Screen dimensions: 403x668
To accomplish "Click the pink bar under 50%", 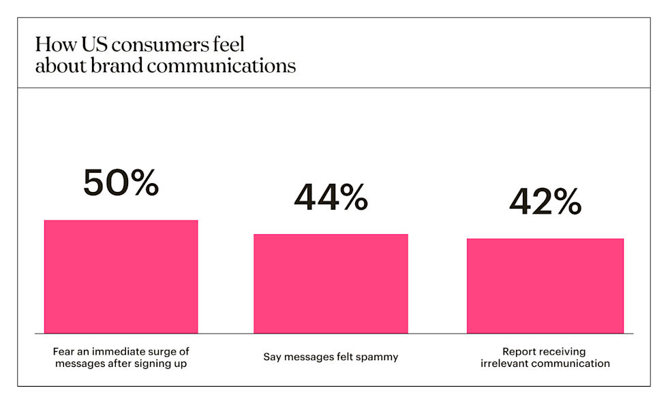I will (x=121, y=276).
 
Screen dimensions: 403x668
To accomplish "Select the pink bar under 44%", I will (x=331, y=283).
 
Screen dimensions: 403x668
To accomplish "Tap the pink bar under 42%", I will (x=545, y=285).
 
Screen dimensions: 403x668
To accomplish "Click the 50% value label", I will (x=121, y=184).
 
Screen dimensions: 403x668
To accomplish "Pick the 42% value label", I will (x=545, y=201).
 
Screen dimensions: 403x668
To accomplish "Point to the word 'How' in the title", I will (x=51, y=46).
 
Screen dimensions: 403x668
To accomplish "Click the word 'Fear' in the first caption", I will (x=63, y=351).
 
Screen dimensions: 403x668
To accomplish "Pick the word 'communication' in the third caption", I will (x=570, y=364).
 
